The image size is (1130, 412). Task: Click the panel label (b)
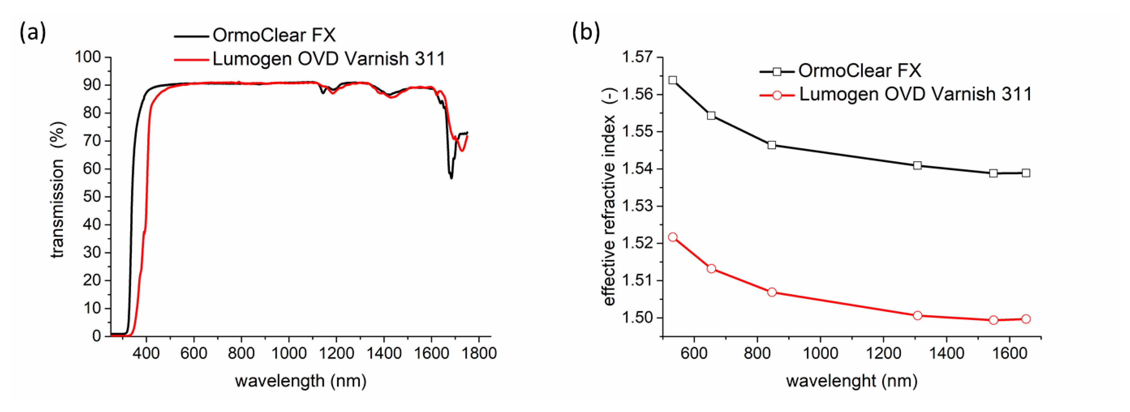pyautogui.click(x=586, y=32)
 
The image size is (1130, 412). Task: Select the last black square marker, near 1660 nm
pyautogui.click(x=1026, y=173)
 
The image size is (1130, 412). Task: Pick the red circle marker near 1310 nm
pyautogui.click(x=917, y=315)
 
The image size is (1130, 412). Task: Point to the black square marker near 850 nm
pyautogui.click(x=772, y=145)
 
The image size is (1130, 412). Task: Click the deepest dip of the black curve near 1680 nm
pyautogui.click(x=451, y=177)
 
